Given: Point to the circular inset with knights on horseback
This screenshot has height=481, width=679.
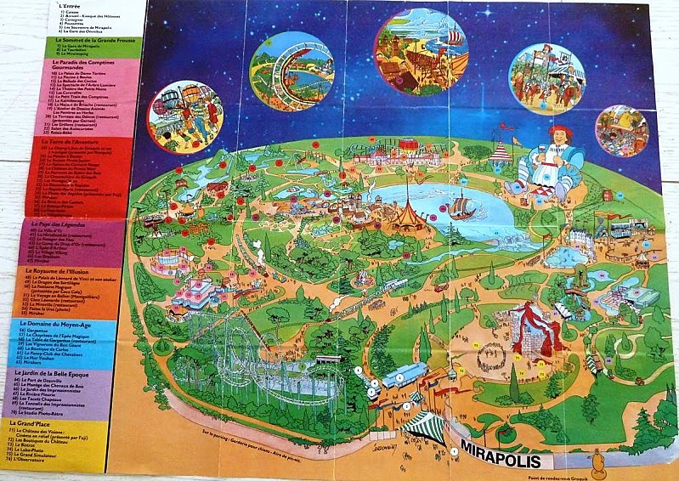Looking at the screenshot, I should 546,77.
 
